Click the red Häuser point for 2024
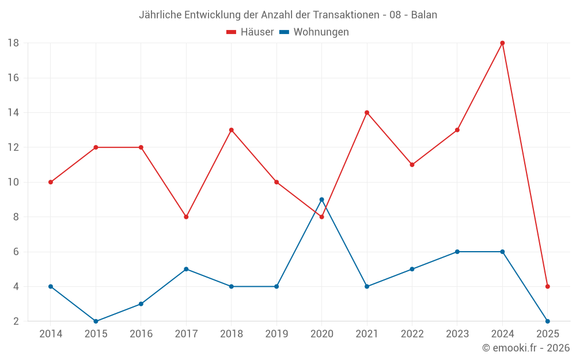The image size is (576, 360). coord(502,43)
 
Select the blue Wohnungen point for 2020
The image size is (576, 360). coord(321,200)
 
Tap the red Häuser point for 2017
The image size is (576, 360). coord(186,217)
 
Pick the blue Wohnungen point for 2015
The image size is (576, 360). coord(96,321)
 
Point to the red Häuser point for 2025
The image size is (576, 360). coord(547,286)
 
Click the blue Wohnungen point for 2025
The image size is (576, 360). coord(547,321)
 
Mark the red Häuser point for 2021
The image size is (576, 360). coord(367,113)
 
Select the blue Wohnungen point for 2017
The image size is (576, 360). coord(186,269)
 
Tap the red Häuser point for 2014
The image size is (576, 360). coord(51,182)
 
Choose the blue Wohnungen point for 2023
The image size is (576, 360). coord(457,252)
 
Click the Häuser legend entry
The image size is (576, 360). coord(250,32)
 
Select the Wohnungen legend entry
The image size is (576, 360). coord(314,32)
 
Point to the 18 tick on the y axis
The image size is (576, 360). coord(13,43)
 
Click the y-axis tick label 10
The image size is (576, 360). coord(13,182)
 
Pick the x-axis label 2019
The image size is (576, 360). coord(276,334)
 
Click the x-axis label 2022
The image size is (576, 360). coord(412,334)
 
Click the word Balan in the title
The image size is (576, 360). coord(424,15)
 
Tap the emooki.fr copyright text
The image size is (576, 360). coord(526,348)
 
